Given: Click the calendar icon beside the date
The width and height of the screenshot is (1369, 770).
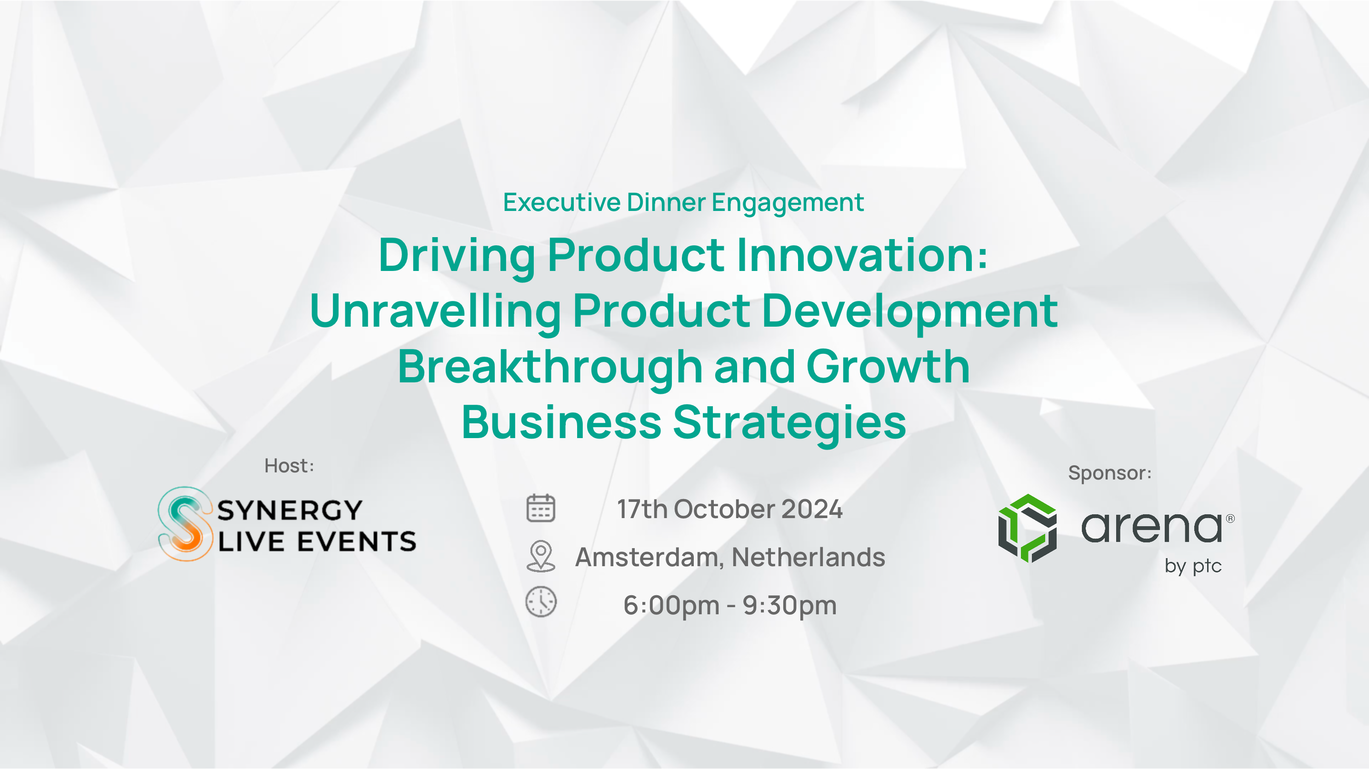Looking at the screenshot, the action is [540, 508].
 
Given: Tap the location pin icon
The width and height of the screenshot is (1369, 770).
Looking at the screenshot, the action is [540, 556].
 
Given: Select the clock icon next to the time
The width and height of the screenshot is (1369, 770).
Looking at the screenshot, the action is [541, 602].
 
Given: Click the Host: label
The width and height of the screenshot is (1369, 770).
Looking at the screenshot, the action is [289, 466].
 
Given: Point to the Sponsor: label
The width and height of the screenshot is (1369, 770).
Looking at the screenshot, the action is [1109, 473].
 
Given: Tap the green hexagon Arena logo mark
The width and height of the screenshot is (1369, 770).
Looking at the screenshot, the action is [1027, 528].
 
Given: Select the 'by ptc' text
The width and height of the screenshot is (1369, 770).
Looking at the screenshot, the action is [1193, 566].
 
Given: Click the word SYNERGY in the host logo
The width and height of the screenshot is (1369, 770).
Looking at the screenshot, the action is [290, 510].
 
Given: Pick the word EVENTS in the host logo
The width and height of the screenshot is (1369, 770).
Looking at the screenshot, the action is [357, 541].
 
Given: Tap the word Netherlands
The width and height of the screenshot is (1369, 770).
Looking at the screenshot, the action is [809, 557].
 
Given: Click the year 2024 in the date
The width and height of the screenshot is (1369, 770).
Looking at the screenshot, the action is [811, 509].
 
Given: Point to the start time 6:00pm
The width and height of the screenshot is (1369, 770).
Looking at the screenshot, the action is [671, 606].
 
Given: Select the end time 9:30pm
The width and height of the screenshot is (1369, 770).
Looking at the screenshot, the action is [789, 606].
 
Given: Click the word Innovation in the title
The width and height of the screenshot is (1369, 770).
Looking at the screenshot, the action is [862, 255].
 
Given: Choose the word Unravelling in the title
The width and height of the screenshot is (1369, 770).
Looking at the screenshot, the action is [435, 311].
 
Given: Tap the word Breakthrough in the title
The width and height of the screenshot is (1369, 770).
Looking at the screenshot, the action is [550, 368].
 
